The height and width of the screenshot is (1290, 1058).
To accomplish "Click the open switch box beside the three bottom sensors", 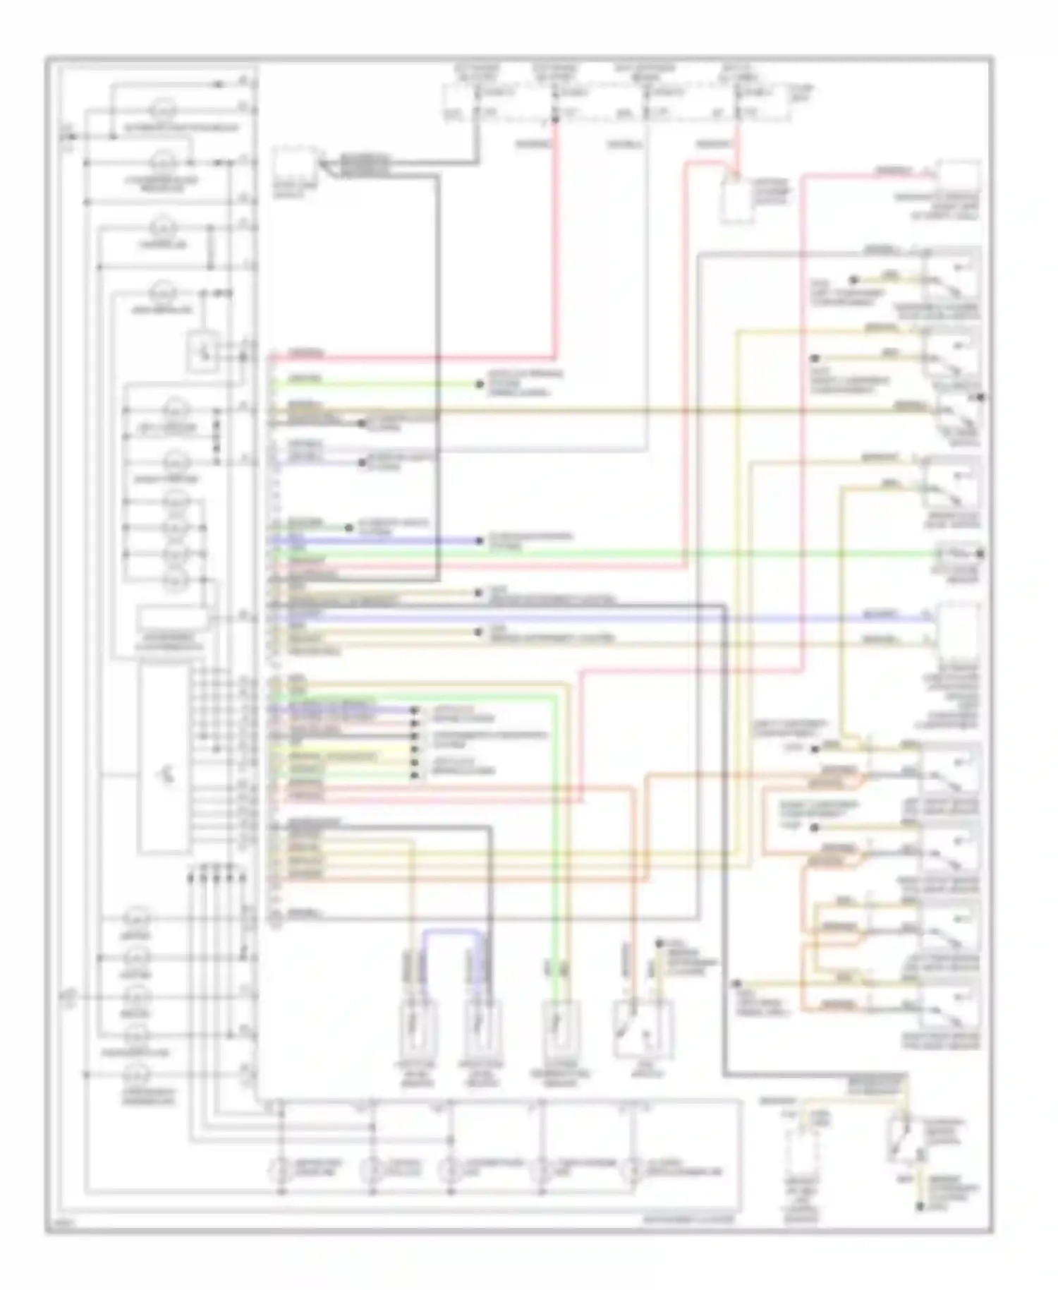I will click(642, 1030).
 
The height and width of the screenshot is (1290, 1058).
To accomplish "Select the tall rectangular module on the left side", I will click(164, 759).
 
